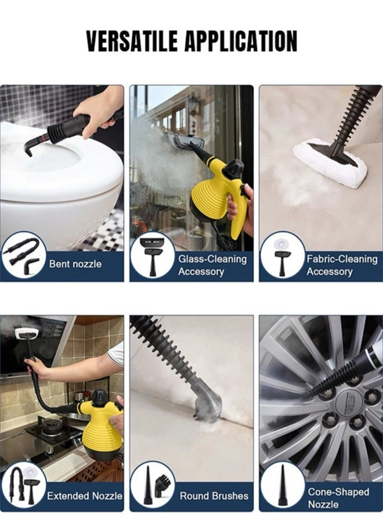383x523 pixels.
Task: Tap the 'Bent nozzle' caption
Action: tap(75, 264)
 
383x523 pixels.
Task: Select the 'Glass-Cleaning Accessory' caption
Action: tap(212, 265)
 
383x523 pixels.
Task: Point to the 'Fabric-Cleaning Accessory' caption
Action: tap(341, 265)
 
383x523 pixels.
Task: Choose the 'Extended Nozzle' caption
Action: tap(85, 496)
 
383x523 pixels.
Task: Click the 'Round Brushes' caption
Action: tap(214, 496)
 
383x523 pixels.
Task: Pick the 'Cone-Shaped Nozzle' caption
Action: tap(338, 498)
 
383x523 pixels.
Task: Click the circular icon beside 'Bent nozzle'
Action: tap(24, 255)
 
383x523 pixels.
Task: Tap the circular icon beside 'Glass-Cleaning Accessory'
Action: tap(152, 255)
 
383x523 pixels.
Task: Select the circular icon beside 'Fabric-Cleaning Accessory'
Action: tap(282, 255)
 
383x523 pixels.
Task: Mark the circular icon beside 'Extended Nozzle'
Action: tap(24, 485)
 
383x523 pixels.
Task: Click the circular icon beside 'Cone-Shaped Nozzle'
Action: tap(282, 485)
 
